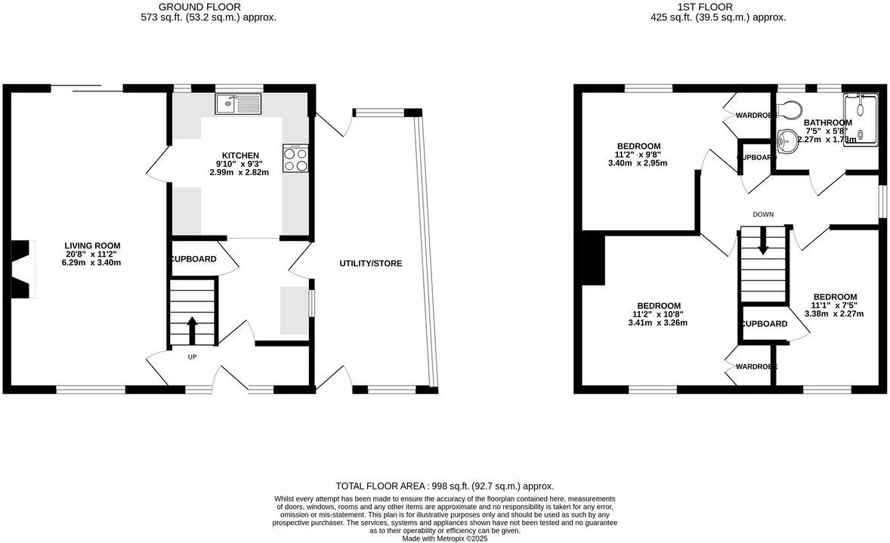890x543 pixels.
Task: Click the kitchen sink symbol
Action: [238, 104]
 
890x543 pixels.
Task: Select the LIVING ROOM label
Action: [92, 245]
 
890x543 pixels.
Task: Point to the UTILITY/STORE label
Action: [370, 264]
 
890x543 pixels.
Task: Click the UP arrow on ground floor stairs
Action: [192, 327]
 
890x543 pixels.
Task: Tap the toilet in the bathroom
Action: [789, 110]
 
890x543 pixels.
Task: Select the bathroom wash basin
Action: [787, 138]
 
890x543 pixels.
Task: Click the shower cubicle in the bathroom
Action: [861, 119]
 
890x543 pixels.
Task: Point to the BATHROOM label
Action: [827, 122]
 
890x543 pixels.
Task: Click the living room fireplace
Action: [22, 270]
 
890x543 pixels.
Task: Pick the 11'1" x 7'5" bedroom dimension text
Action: [835, 306]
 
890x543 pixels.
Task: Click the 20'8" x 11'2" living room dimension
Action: [92, 255]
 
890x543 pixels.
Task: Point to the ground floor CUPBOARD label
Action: [193, 259]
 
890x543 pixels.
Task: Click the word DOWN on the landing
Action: [762, 214]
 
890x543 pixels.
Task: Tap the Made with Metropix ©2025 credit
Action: [444, 538]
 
